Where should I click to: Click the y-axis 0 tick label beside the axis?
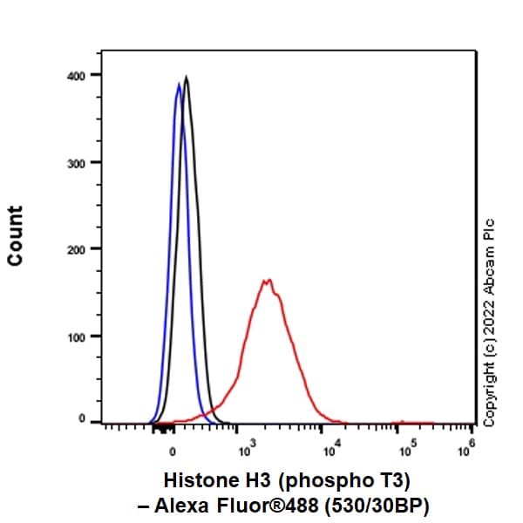pos(84,421)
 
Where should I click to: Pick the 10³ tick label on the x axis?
pos(247,451)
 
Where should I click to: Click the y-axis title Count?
pos(15,236)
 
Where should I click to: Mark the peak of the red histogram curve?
pos(268,281)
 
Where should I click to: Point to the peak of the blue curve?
pos(179,84)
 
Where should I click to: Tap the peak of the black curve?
pos(186,77)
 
